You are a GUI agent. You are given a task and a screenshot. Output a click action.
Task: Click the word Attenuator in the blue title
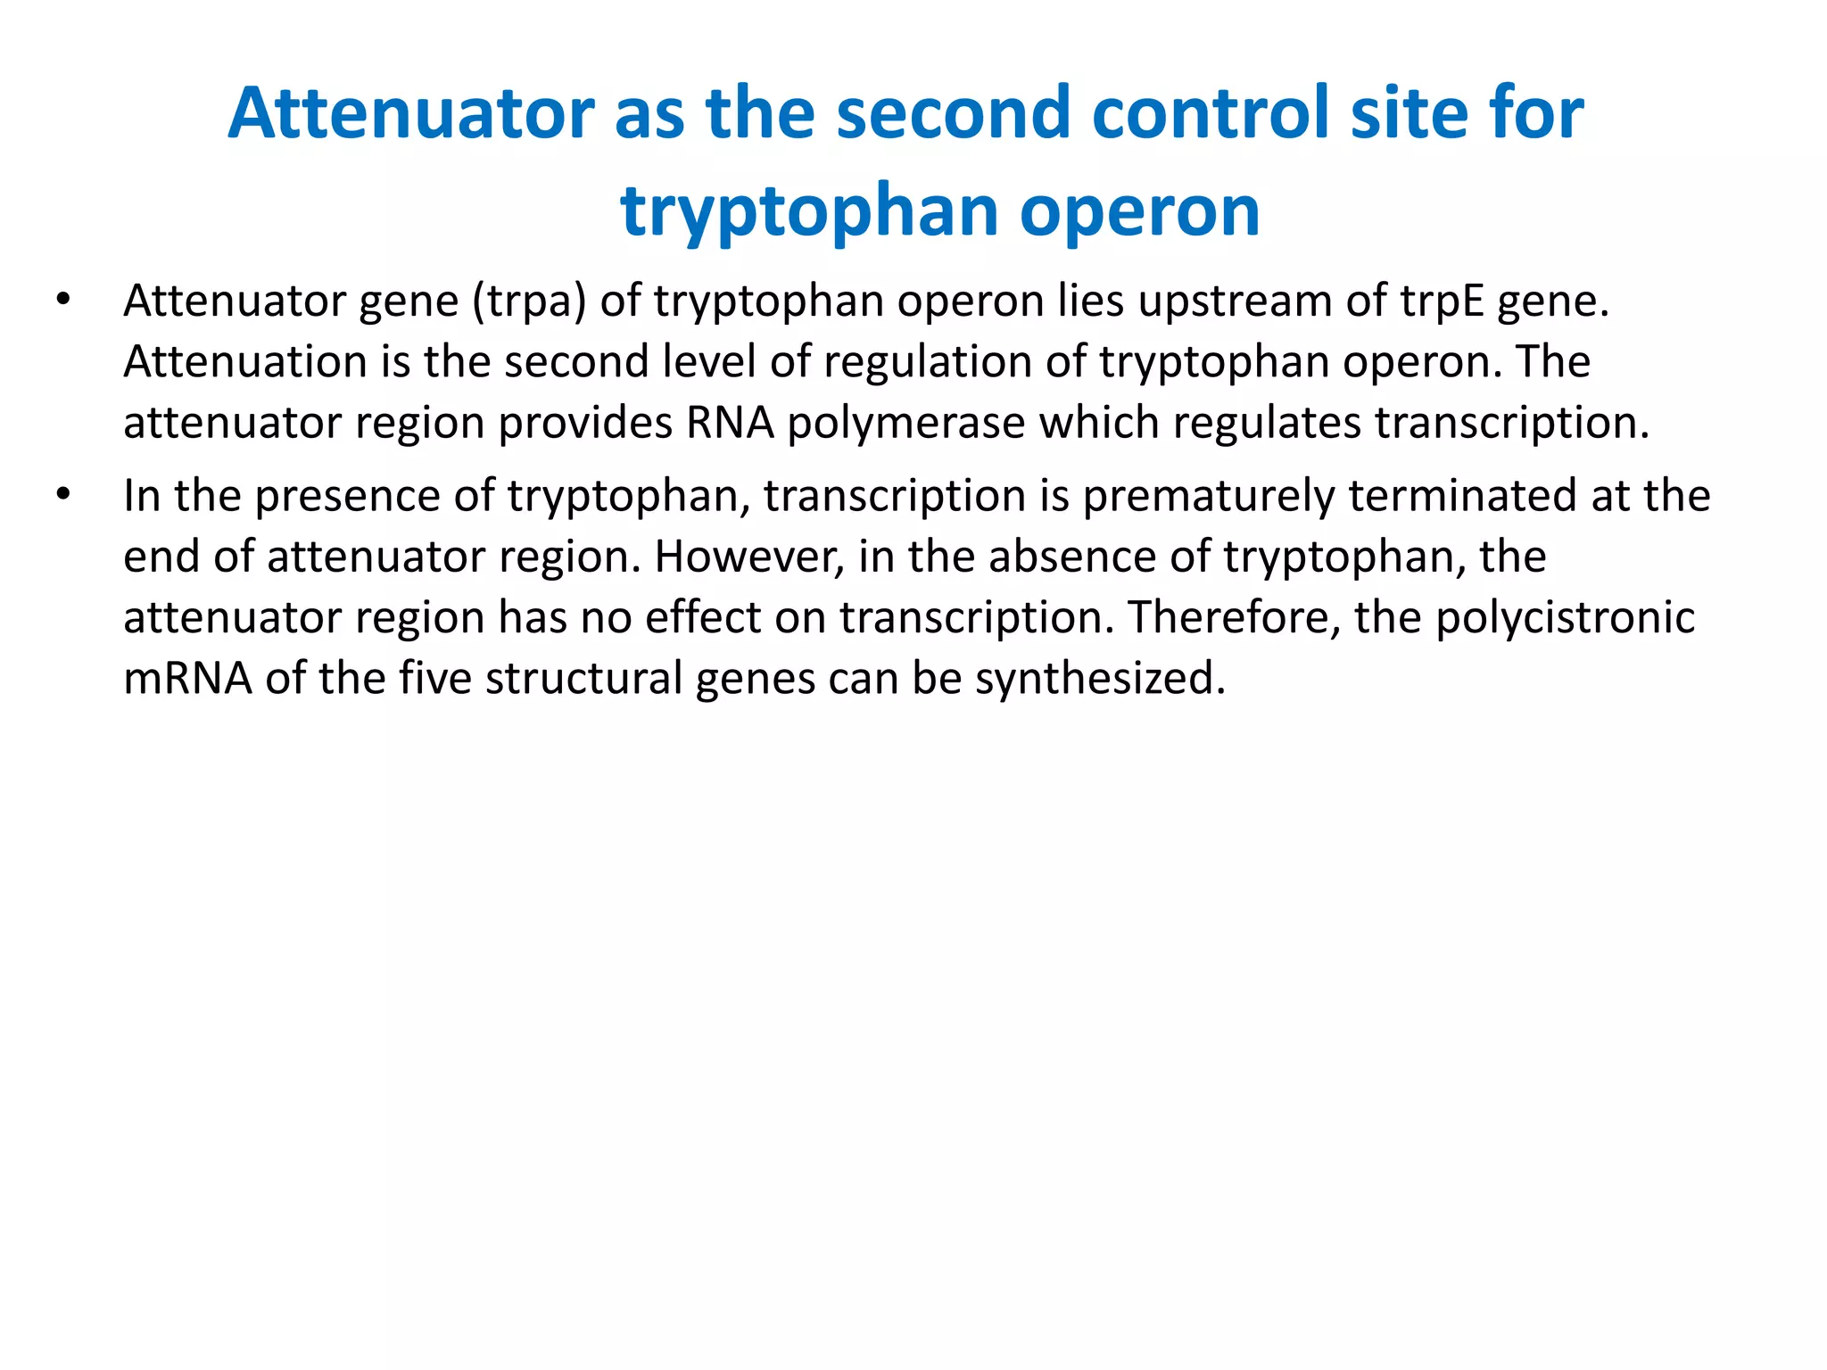(x=411, y=114)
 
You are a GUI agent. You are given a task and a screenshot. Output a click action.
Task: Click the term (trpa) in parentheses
(x=529, y=301)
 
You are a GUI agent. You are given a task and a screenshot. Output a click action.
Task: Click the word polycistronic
(x=1565, y=618)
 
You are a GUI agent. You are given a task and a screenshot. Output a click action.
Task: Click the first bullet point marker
(x=62, y=301)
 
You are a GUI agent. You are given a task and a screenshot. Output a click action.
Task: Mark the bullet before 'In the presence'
(x=62, y=495)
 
